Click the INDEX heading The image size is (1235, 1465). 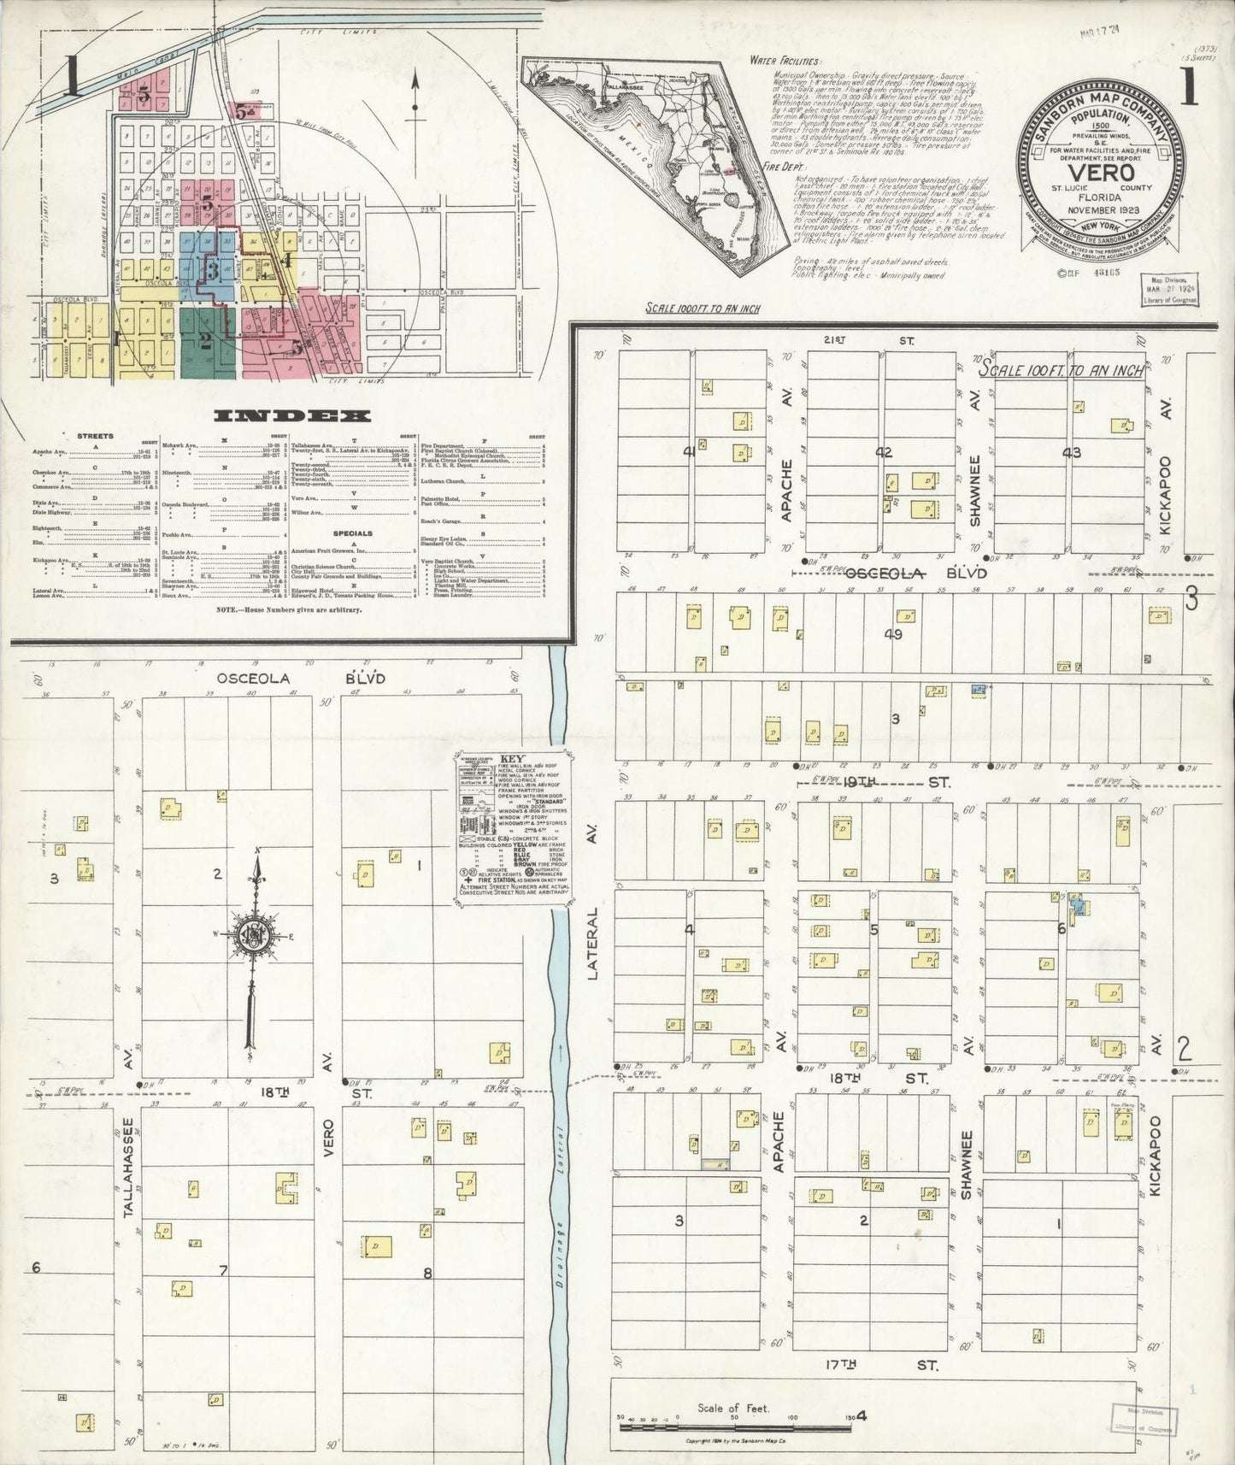(x=292, y=416)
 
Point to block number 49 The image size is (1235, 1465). (x=892, y=634)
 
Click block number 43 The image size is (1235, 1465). (x=1072, y=452)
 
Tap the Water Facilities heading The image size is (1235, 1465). (x=784, y=61)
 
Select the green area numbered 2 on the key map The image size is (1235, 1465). (x=205, y=341)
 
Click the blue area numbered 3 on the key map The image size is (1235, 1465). (x=209, y=268)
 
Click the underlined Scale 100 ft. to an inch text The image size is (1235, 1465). (x=1062, y=369)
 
